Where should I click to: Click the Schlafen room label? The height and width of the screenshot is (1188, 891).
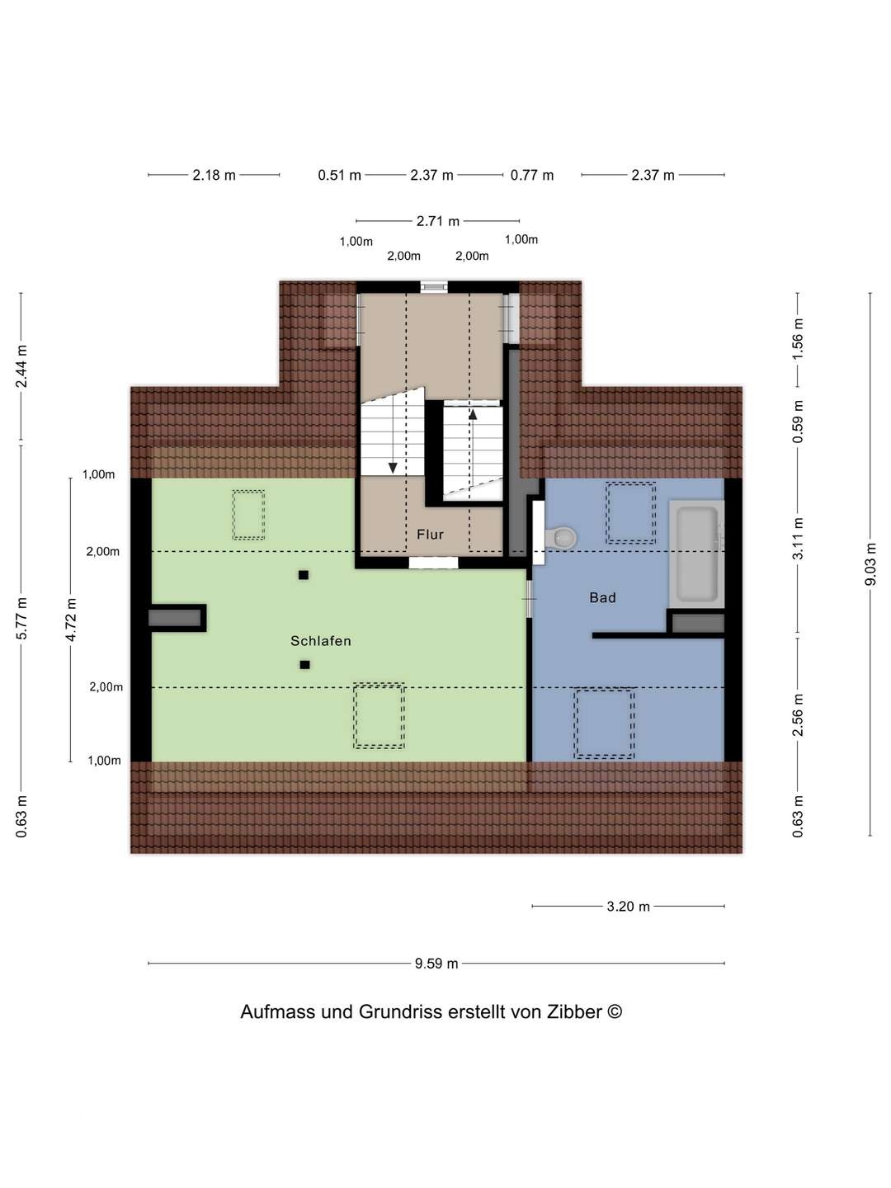click(321, 641)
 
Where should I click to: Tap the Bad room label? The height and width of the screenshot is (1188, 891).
click(602, 598)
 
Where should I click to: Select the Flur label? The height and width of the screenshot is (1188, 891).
click(430, 535)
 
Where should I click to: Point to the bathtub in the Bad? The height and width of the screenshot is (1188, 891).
click(697, 553)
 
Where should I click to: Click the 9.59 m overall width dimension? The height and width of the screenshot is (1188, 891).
click(436, 964)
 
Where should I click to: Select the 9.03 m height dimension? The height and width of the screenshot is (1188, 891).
click(870, 564)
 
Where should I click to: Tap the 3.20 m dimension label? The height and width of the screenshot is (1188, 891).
click(628, 907)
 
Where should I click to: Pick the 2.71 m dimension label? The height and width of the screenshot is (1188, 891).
click(438, 221)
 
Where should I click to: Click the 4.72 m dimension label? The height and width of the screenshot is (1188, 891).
click(72, 620)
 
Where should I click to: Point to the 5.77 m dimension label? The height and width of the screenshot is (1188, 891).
click(22, 618)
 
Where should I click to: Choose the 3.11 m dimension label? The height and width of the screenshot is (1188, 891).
click(798, 539)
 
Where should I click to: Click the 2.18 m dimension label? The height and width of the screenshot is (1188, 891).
click(214, 175)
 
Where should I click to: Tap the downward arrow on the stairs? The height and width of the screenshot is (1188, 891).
click(393, 467)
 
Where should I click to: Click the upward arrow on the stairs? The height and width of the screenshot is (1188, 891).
click(473, 415)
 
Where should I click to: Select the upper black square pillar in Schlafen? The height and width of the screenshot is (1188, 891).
click(304, 575)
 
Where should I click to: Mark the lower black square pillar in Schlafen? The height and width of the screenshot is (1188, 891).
click(304, 665)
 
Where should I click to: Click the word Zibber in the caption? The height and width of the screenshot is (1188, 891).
click(575, 1012)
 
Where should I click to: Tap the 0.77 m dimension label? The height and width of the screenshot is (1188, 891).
click(532, 175)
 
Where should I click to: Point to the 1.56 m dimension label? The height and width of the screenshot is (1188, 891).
click(798, 338)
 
